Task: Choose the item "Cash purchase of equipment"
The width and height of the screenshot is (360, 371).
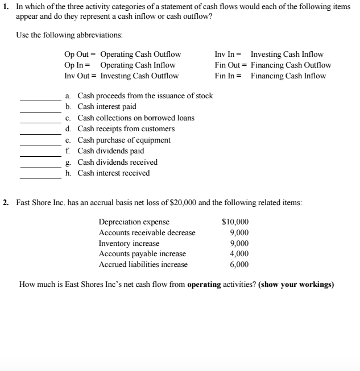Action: (x=123, y=140)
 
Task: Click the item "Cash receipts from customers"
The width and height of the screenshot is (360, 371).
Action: (x=126, y=129)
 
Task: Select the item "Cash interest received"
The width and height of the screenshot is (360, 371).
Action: (x=113, y=173)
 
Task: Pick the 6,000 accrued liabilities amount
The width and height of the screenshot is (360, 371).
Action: (x=239, y=265)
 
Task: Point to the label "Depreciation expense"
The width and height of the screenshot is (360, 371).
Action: (x=134, y=222)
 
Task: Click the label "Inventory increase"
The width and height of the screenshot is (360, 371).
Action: (x=129, y=243)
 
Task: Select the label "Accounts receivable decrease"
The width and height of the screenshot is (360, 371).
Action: (x=147, y=232)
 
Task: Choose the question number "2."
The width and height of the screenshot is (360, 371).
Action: (x=6, y=202)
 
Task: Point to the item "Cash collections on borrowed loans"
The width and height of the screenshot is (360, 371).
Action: (x=135, y=118)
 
